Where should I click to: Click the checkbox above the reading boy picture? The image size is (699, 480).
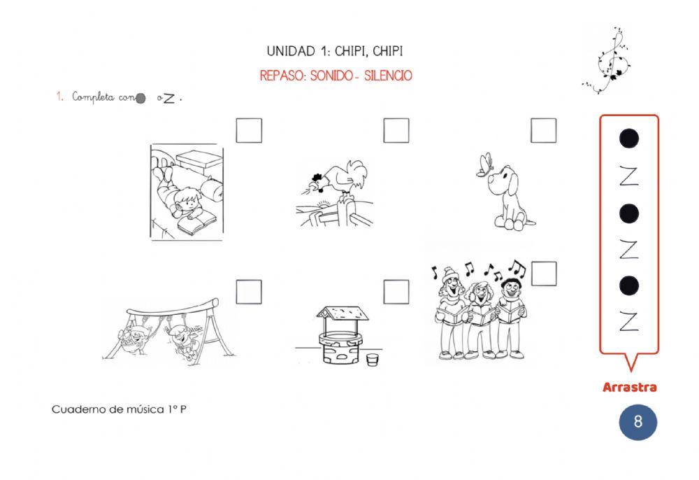249,130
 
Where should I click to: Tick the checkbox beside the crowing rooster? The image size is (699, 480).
396,130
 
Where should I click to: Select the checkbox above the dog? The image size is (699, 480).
543,130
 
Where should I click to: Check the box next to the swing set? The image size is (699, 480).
249,292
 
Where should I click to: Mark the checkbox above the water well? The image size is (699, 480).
396,292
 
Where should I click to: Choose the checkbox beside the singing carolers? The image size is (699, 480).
544,274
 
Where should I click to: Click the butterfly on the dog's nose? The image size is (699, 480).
484,164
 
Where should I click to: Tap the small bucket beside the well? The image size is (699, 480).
373,359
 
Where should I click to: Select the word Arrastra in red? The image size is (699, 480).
630,387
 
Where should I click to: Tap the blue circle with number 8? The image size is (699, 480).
638,421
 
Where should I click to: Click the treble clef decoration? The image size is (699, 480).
608,60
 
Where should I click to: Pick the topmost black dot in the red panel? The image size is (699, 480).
629,139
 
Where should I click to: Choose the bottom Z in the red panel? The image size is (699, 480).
629,321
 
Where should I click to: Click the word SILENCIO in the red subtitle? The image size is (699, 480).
388,76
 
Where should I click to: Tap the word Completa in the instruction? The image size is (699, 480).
93,97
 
